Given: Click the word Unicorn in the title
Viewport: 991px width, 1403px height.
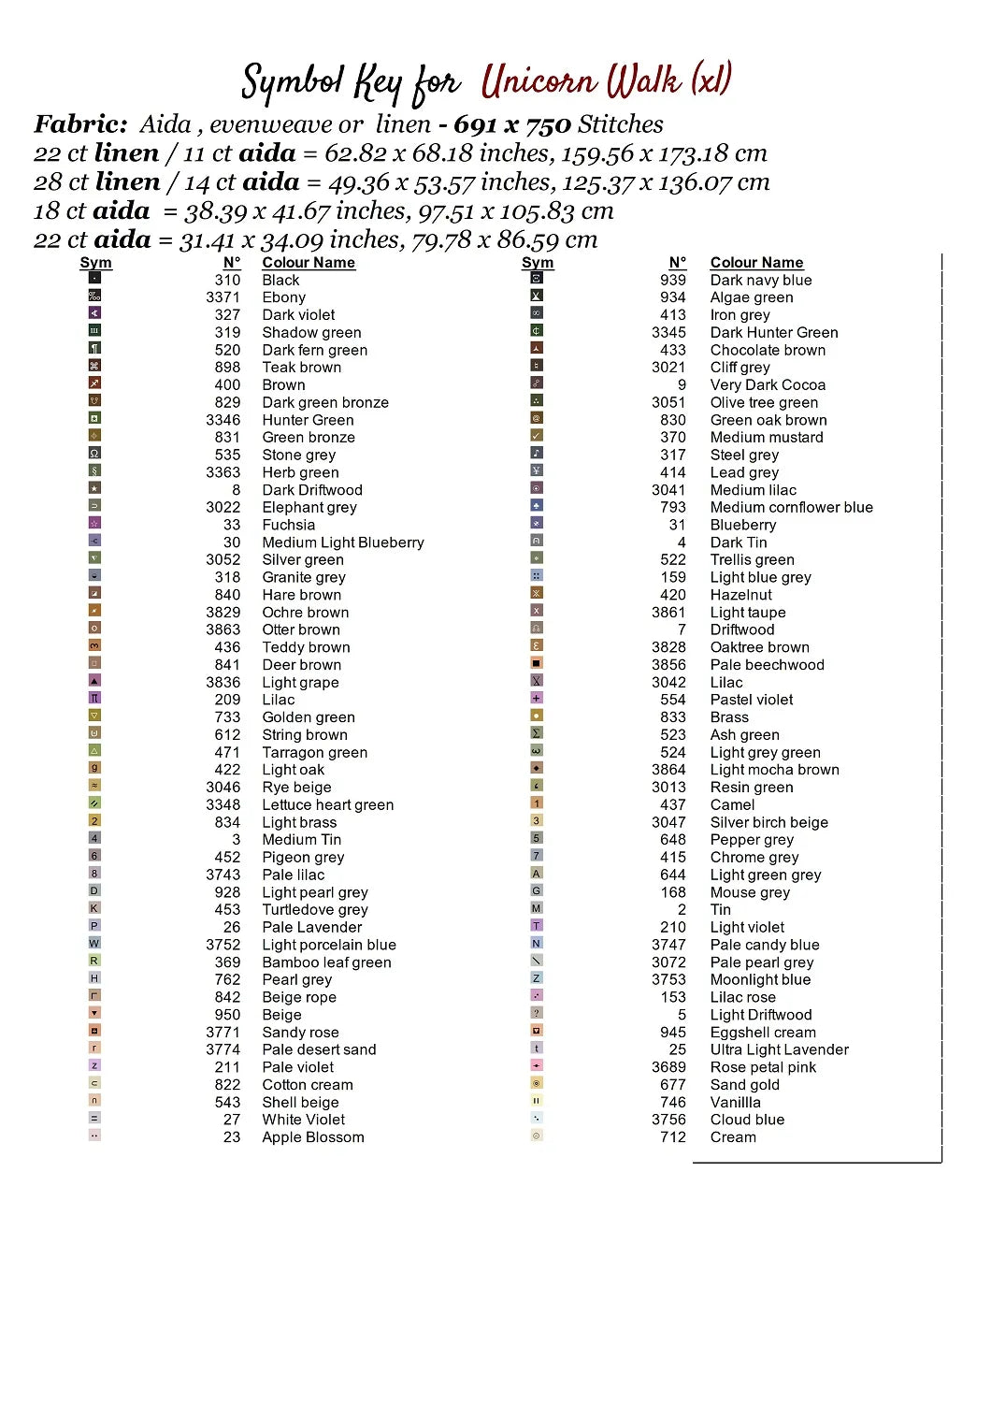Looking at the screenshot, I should [539, 82].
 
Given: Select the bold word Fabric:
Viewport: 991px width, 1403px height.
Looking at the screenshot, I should [80, 124].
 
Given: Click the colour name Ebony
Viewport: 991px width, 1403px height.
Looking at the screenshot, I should [283, 297].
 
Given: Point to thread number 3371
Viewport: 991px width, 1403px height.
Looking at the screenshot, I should [223, 297].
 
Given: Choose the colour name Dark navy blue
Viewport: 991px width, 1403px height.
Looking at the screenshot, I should [760, 280].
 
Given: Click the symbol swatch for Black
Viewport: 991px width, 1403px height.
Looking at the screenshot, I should [94, 278].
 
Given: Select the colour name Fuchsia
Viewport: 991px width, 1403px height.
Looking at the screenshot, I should [288, 525].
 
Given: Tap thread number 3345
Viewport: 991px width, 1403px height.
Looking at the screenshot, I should [668, 332].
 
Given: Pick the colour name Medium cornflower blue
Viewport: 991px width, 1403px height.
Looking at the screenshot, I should [791, 507].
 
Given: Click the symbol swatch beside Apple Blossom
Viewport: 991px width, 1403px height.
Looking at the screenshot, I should [94, 1135].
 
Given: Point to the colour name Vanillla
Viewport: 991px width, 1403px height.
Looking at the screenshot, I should [735, 1102].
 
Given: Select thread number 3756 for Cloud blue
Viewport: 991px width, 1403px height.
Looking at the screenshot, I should [668, 1120].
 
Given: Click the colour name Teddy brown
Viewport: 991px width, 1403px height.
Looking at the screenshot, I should [306, 647].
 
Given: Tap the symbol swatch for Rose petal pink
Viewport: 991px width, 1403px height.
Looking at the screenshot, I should [537, 1065].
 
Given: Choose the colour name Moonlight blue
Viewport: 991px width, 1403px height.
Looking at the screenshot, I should [760, 979].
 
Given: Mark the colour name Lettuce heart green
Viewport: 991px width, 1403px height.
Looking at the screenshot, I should [327, 804].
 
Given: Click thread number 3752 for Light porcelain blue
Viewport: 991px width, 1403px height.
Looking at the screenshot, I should [223, 945].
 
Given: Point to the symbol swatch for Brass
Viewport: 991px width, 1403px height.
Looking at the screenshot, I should [537, 716].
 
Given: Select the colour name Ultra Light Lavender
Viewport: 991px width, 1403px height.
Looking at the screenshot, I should [779, 1049].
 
